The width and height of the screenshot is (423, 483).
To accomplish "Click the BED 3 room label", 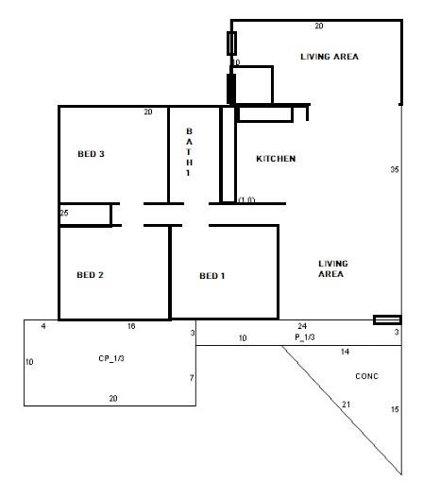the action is tap(91, 154).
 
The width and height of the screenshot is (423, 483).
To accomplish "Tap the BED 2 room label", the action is tap(90, 275).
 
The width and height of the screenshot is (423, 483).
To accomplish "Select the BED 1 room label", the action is tap(212, 276).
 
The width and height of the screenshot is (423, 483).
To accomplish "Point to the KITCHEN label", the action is tap(276, 159).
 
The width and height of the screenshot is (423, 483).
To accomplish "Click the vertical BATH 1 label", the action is tap(189, 152).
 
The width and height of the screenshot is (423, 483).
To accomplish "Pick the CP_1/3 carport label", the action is tap(111, 358).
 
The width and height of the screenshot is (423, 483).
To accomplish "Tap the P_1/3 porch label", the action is tap(305, 337).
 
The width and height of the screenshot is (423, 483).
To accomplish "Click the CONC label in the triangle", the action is tap(366, 376).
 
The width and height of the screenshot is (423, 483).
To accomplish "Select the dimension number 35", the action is tap(395, 169).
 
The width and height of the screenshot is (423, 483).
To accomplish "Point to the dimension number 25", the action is tap(64, 213).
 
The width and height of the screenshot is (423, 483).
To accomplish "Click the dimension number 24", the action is tap(302, 326).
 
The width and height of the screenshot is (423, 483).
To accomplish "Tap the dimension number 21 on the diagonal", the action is tap(347, 405).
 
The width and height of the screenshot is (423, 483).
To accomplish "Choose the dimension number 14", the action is tap(345, 352).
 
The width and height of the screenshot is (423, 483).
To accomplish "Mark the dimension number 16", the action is tap(131, 326).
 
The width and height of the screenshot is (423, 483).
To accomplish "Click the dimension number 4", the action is tap(43, 326).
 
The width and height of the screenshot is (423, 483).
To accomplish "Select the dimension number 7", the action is tap(192, 377).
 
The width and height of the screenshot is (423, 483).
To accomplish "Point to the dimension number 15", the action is tap(395, 409).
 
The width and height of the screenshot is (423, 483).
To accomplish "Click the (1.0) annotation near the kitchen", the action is tap(246, 199).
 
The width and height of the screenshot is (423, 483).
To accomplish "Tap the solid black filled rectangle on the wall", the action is tap(231, 88).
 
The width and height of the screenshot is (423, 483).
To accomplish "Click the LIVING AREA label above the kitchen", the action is tap(330, 57).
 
